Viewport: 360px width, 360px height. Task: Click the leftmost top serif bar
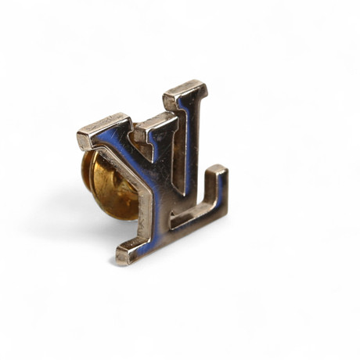point(104,131)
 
